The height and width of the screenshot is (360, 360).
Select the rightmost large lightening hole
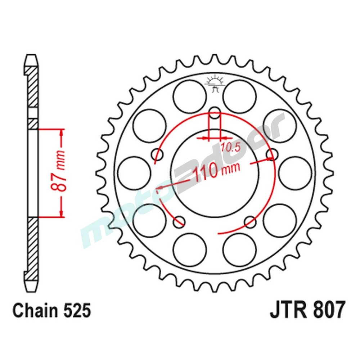tap(295, 173)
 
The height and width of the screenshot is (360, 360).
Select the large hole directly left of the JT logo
tap(190, 96)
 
